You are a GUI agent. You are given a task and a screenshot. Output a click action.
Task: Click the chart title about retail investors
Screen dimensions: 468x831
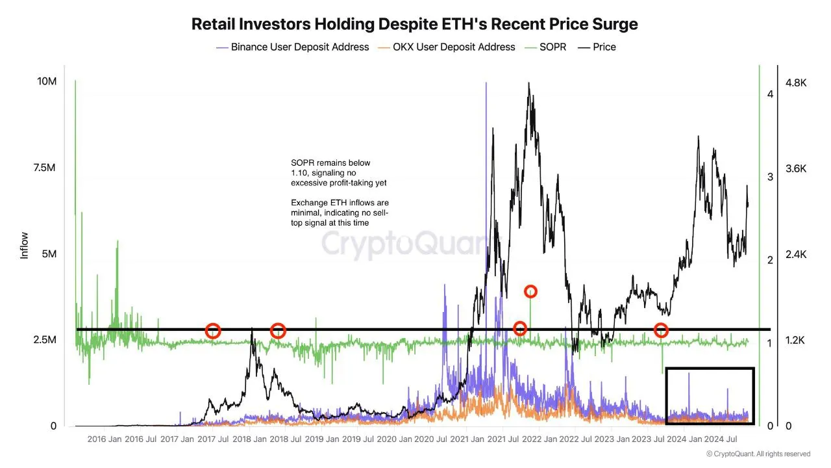click(x=415, y=24)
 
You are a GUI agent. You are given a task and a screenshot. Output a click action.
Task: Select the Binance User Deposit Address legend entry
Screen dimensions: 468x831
click(x=299, y=47)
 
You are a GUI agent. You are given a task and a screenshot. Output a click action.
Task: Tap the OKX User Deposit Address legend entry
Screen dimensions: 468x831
click(x=454, y=47)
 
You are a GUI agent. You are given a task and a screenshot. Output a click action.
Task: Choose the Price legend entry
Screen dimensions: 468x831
click(x=604, y=47)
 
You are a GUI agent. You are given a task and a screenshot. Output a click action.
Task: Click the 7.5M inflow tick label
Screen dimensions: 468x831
click(x=46, y=168)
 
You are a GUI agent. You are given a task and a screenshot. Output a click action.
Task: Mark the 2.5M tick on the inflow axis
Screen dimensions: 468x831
click(x=46, y=341)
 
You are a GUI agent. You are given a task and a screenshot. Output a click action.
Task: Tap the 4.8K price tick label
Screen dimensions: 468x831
click(x=796, y=83)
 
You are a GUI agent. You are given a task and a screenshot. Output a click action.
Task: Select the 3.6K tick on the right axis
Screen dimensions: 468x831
click(x=796, y=169)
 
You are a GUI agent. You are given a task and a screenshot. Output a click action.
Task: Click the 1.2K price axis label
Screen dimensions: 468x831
click(x=796, y=341)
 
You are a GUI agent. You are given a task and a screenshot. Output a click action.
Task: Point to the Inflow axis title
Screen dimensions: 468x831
click(x=25, y=246)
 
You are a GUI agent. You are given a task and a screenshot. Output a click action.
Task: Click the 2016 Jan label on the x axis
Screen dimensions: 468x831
click(x=105, y=439)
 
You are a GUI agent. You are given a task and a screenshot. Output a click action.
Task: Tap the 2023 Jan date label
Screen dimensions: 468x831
click(x=612, y=439)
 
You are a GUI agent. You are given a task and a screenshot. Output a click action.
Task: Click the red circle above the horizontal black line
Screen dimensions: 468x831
click(x=530, y=292)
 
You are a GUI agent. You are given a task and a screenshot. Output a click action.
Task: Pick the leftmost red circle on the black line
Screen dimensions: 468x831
click(x=213, y=331)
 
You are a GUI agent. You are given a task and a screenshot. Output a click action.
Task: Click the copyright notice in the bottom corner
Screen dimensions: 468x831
click(x=758, y=454)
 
